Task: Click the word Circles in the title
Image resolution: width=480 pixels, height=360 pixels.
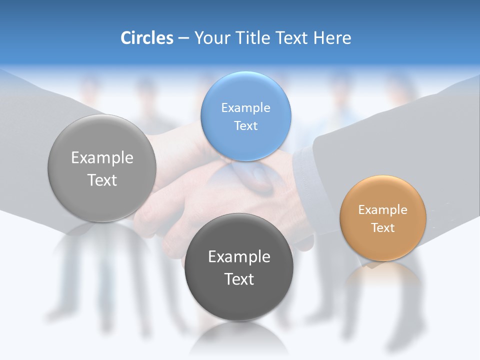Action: (x=147, y=38)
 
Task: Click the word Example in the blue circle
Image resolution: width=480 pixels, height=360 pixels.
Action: (x=245, y=108)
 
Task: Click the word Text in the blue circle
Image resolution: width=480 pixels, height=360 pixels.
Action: (x=245, y=125)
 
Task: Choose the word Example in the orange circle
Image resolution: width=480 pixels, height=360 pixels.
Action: (x=382, y=210)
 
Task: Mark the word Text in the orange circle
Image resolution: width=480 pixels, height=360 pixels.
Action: (x=382, y=228)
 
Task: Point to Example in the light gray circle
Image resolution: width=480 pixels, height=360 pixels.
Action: (x=102, y=158)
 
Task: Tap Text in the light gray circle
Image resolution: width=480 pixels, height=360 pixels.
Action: (x=102, y=180)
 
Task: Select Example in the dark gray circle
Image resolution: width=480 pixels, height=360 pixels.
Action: (x=239, y=257)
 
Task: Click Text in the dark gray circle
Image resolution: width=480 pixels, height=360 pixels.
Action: (x=239, y=279)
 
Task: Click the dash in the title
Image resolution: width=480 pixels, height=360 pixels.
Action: (x=183, y=38)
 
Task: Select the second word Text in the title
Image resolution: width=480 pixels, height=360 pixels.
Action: (x=291, y=38)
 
